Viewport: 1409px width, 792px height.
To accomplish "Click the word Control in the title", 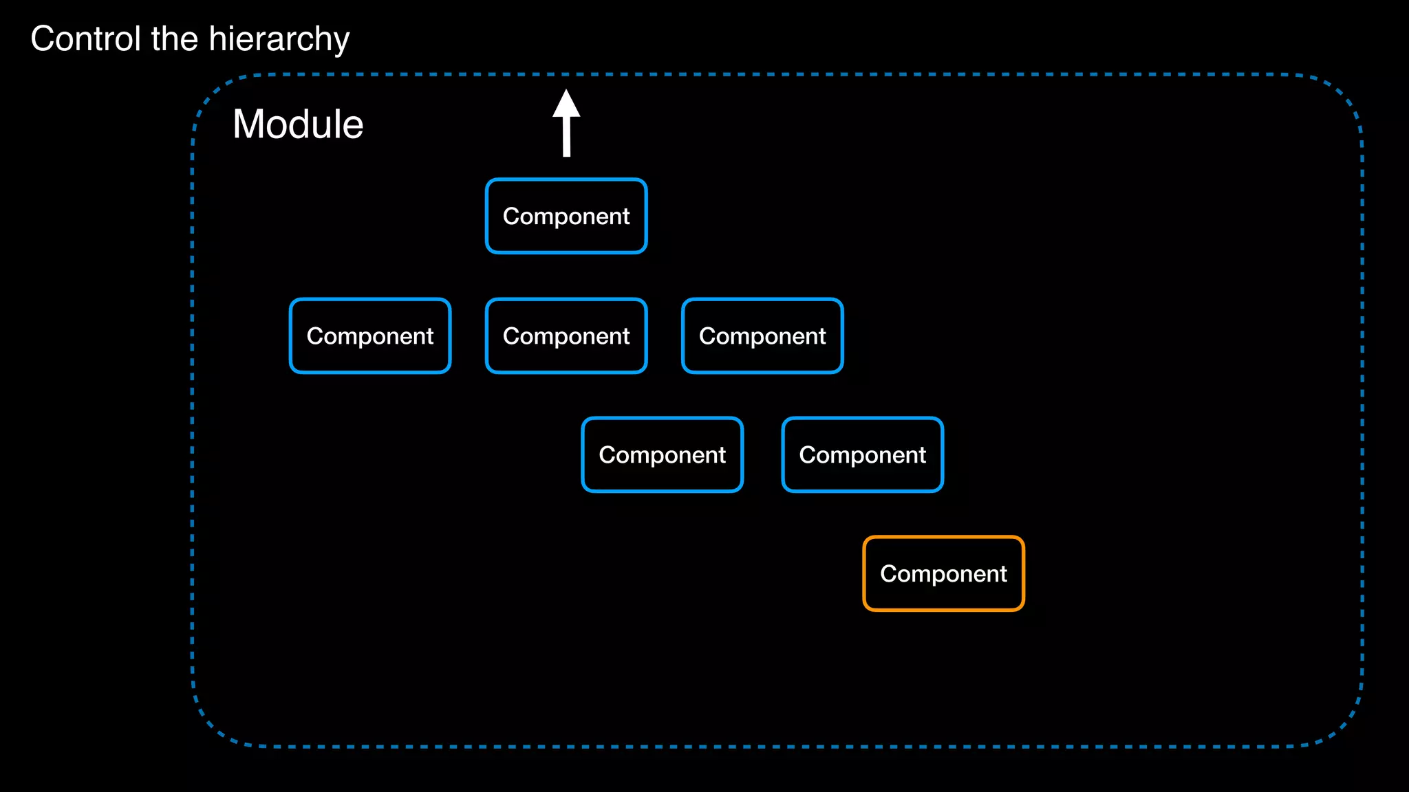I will click(x=85, y=38).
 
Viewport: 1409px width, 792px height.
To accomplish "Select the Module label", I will click(x=298, y=124).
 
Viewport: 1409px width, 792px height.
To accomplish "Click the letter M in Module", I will click(x=248, y=124).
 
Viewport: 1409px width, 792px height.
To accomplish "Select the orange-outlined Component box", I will click(x=943, y=573).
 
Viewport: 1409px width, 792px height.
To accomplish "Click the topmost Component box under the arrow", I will click(x=566, y=216).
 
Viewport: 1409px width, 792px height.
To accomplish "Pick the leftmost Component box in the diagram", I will click(x=370, y=335).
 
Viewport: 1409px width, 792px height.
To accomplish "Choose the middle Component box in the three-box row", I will click(x=566, y=335).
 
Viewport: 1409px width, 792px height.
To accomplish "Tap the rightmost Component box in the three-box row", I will click(x=762, y=335).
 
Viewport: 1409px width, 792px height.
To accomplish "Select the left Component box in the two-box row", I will click(x=662, y=454).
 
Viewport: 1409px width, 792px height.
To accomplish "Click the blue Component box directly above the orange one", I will click(x=862, y=454).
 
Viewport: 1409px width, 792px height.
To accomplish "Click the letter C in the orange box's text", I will click(x=888, y=573).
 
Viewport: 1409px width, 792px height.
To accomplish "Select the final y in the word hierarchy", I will click(x=342, y=43).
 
